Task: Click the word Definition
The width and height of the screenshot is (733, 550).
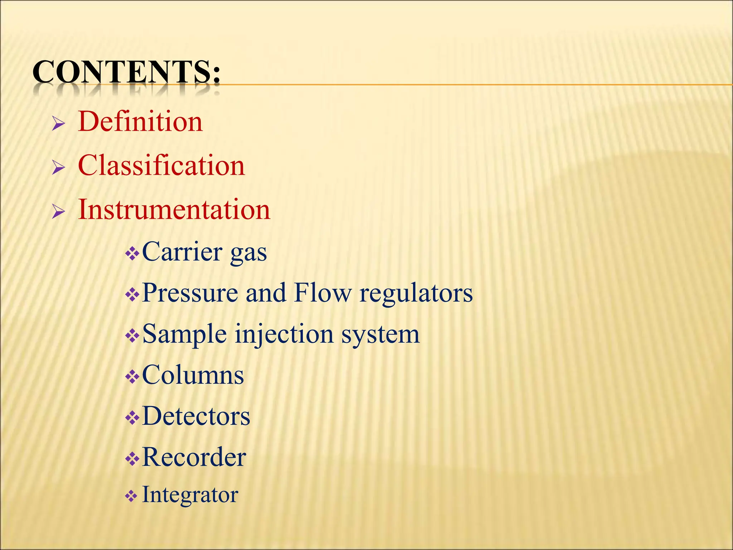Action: click(140, 122)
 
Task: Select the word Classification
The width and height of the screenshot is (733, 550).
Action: click(161, 166)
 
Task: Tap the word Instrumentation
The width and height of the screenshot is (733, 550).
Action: click(174, 209)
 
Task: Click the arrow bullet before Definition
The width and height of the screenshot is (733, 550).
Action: click(58, 124)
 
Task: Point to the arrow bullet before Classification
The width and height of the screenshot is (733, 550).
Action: click(58, 168)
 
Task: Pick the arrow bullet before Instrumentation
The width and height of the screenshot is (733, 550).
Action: click(58, 212)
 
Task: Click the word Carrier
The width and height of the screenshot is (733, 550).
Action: click(182, 252)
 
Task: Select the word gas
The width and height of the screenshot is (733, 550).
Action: click(248, 254)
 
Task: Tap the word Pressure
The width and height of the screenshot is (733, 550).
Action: click(190, 293)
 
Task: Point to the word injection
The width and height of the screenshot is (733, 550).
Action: click(285, 334)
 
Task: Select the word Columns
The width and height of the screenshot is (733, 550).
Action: click(193, 375)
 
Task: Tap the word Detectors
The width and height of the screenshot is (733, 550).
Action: click(196, 416)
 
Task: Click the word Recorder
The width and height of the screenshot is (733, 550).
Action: click(194, 457)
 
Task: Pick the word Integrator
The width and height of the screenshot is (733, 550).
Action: click(190, 495)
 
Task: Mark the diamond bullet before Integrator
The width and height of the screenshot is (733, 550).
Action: click(131, 497)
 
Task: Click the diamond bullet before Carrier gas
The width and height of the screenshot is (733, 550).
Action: click(132, 254)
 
